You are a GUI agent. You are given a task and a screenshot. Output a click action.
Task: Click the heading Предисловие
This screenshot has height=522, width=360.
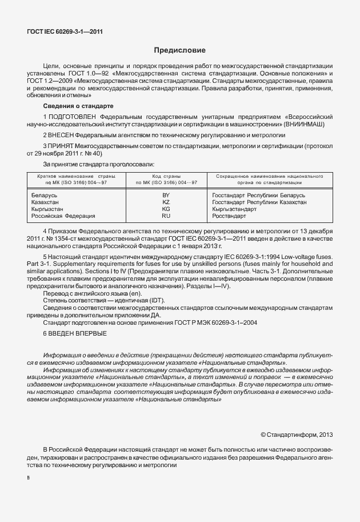pos(179,50)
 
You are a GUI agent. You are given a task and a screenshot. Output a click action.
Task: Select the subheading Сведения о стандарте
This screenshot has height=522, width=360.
pos(78,107)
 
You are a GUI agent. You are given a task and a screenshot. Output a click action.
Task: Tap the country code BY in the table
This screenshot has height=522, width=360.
pos(166,196)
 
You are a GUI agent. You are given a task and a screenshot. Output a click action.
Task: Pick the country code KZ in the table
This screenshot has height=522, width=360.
pos(166,202)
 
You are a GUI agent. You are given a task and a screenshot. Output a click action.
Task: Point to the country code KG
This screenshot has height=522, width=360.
pos(166,209)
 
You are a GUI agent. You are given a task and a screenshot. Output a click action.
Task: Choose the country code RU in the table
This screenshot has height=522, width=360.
pos(166,216)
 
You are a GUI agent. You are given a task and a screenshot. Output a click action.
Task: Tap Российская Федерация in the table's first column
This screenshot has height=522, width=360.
pos(63,216)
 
